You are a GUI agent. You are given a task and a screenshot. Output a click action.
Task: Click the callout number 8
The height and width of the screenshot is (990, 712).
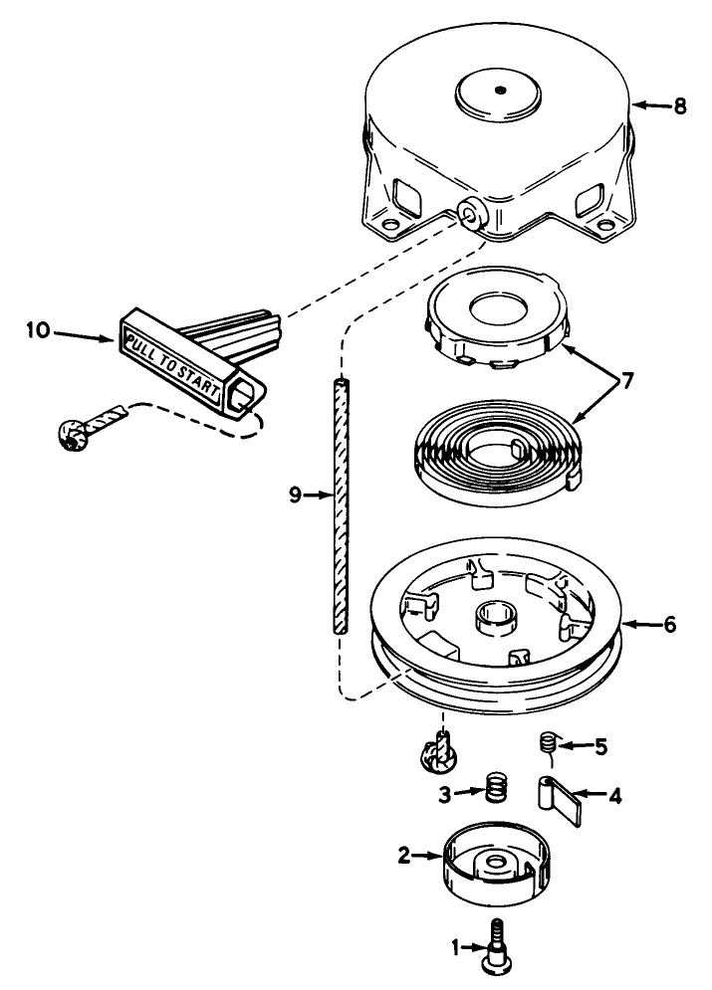tap(679, 106)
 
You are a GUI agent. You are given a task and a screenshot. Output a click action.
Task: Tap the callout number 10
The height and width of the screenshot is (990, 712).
tap(39, 329)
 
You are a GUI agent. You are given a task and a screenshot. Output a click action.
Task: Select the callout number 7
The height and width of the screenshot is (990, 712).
tap(626, 381)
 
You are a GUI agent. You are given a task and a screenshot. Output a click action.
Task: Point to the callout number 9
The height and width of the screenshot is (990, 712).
tap(295, 495)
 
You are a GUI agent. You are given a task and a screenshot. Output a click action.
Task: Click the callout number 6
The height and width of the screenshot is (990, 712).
tap(669, 625)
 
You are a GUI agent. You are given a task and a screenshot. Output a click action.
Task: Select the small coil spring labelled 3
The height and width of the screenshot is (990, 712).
tap(497, 789)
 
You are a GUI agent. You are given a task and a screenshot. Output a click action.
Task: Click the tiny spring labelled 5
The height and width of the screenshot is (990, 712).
tap(550, 742)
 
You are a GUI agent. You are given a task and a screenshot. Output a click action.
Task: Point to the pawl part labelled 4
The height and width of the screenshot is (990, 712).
tap(559, 799)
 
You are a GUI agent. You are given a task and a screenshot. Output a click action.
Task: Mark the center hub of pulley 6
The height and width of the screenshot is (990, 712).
tap(497, 616)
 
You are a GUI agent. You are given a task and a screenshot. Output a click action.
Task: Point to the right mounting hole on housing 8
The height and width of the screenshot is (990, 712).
tap(605, 224)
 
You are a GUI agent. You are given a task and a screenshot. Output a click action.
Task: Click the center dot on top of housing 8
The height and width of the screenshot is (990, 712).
tap(500, 91)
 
